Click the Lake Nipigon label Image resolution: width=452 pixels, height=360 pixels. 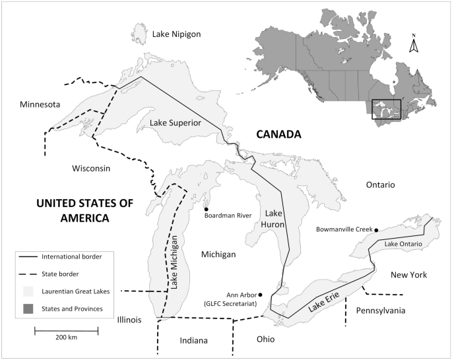(176, 34)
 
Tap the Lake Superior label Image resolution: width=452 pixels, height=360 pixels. (175, 123)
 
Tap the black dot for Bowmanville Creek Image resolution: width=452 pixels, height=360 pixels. (376, 229)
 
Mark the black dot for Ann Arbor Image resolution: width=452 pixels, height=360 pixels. (261, 294)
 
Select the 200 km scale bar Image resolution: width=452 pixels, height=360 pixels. (66, 328)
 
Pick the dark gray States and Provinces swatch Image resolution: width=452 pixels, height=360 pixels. (27, 308)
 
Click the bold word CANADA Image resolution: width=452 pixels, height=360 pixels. (278, 135)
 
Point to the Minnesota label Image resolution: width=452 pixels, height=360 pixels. (40, 105)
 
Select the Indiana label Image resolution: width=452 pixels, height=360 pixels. (194, 341)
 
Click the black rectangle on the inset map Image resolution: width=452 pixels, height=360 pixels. (386, 109)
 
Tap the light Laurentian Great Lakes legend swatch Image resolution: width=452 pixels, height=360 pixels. (27, 290)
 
